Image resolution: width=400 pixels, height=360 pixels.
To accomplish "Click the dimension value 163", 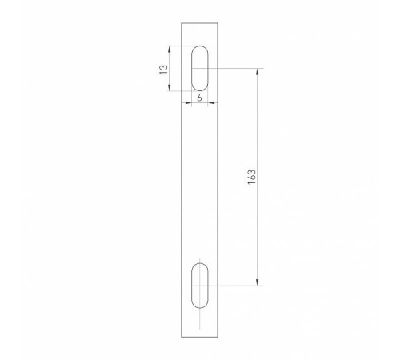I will [251, 176].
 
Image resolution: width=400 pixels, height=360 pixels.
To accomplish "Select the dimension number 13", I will [163, 70].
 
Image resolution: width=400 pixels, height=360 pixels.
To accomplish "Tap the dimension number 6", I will [198, 98].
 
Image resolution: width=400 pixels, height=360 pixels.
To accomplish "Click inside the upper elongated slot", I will [200, 69].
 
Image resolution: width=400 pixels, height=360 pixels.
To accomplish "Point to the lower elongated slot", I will [200, 284].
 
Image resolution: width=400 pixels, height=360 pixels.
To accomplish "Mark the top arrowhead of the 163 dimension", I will [257, 71].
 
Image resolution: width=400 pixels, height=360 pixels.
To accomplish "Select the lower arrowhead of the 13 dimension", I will [170, 90].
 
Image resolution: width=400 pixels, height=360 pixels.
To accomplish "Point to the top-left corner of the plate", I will [182, 22].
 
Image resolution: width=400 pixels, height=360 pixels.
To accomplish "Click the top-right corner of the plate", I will [218, 22].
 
